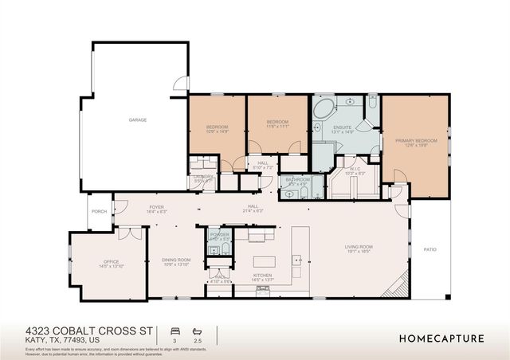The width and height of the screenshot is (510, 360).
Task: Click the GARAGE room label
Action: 138,120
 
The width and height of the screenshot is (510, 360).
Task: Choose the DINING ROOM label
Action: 178,260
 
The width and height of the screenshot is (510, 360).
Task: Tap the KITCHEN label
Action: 263,276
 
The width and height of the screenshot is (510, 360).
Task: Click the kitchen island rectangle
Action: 264,261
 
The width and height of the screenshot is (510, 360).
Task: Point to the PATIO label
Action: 430,249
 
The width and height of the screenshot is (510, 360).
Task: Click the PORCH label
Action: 100,212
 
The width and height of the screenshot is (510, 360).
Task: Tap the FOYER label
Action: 156,207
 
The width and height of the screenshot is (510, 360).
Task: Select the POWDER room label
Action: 219,235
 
